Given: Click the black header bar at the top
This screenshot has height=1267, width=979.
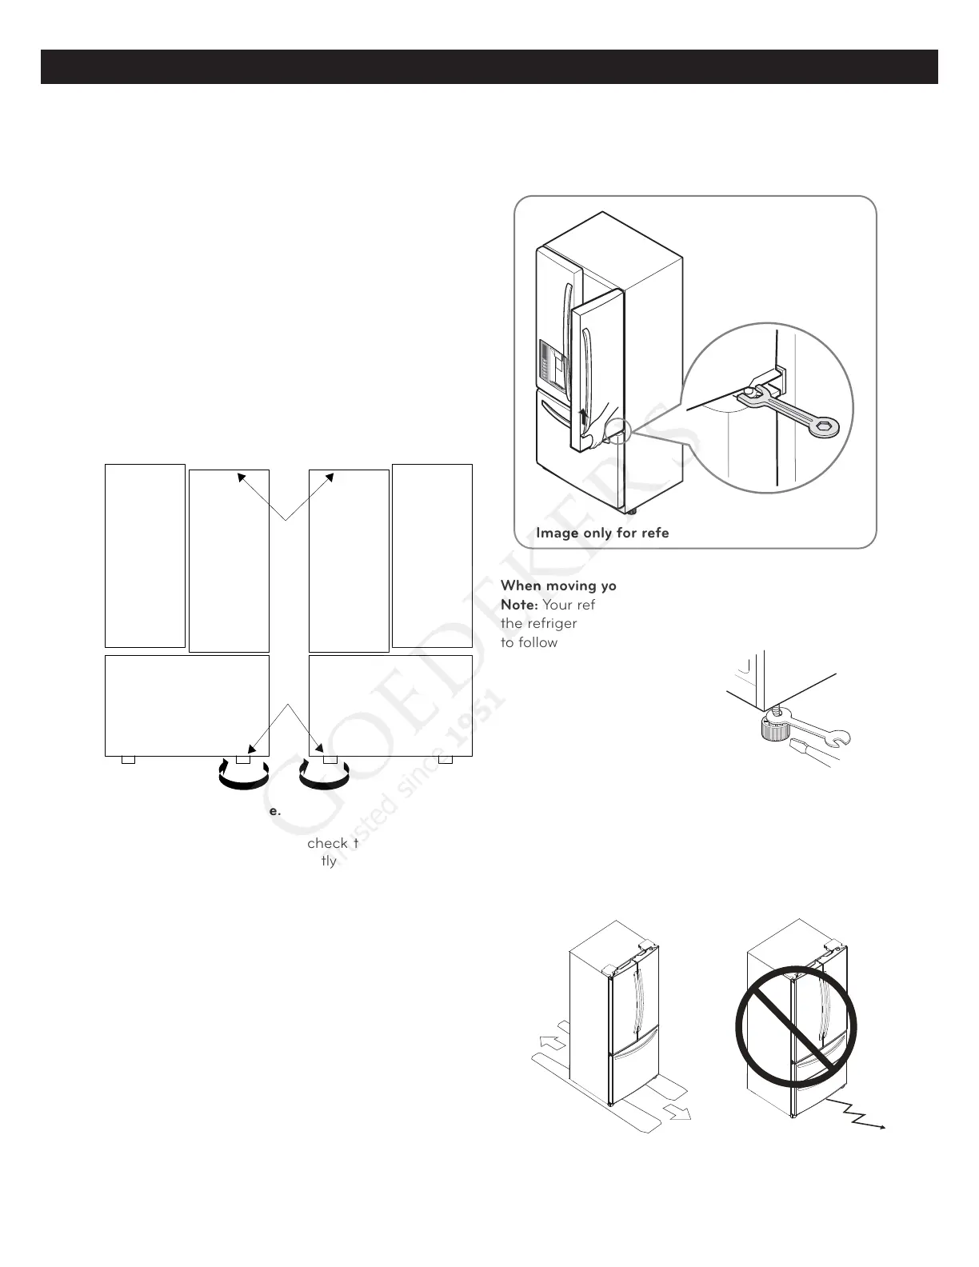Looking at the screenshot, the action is point(489,67).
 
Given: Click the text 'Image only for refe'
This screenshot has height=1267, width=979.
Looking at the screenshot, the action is point(602,533).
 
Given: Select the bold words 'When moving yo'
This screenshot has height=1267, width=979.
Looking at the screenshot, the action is point(558,586).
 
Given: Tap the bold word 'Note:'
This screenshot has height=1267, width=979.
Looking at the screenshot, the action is point(518,605).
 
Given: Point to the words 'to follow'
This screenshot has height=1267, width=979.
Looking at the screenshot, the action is point(529,642).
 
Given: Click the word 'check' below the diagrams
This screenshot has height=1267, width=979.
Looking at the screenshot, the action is point(327,843).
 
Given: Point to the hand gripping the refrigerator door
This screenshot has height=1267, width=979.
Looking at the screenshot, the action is point(593,433).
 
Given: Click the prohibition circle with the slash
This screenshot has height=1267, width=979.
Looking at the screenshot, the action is point(796,1029).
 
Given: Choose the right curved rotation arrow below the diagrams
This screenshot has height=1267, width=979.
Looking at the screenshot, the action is point(324,776).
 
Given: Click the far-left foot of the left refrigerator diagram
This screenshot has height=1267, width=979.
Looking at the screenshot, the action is point(128,759).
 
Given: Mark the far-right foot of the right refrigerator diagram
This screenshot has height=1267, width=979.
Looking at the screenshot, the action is point(446,759).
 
